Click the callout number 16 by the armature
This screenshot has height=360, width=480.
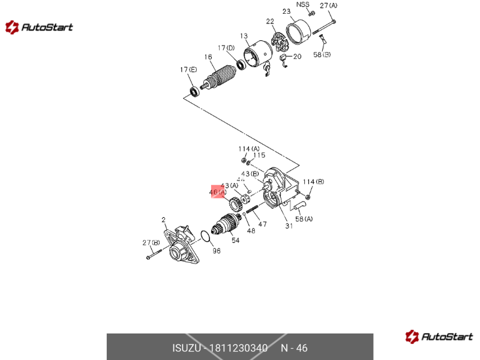208,58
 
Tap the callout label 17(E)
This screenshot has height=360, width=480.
188,70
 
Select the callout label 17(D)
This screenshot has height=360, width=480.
226,47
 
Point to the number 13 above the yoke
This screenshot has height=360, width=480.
244,36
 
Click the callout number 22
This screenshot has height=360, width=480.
270,21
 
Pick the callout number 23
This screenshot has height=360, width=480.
286,11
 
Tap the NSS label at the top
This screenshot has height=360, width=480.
302,4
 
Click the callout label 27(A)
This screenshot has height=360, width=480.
328,5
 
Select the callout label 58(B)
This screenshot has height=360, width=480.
322,55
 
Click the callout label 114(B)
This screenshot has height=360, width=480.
313,182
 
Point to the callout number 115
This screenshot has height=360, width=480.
259,155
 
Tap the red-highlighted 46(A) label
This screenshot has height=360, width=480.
217,192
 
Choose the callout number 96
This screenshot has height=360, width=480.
217,251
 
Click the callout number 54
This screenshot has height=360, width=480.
235,240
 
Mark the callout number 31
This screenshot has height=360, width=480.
289,226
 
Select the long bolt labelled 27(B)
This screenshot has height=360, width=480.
155,256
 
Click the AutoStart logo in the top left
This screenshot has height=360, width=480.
40,27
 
